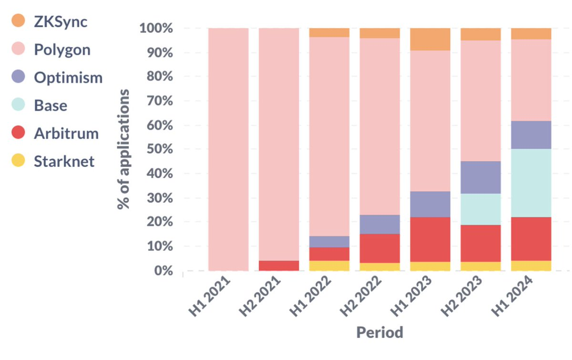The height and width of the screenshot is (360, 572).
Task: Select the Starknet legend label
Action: [64, 161]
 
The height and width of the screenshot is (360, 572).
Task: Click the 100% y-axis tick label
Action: [155, 29]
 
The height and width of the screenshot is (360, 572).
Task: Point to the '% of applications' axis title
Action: [124, 149]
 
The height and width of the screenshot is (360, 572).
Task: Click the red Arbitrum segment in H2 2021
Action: [279, 266]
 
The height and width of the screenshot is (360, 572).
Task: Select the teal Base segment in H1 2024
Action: [531, 183]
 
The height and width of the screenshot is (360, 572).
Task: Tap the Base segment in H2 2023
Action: [480, 209]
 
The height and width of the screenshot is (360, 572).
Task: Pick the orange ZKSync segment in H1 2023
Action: [430, 39]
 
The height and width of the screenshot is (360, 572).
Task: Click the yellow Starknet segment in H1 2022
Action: [329, 266]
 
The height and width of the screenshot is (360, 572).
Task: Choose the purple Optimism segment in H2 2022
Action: [379, 224]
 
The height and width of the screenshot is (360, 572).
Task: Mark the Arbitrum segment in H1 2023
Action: [430, 239]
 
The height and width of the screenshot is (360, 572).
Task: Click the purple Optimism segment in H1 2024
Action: [531, 135]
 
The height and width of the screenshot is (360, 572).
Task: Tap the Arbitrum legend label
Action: [66, 133]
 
